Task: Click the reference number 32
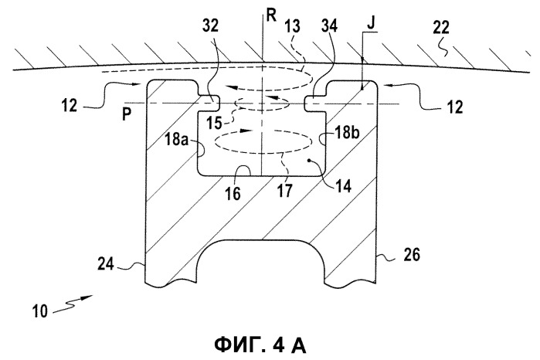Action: pyautogui.click(x=210, y=26)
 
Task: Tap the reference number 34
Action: pyautogui.click(x=329, y=26)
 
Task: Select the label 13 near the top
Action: pyautogui.click(x=292, y=26)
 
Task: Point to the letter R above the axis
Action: pyautogui.click(x=271, y=16)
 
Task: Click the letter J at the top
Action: pyautogui.click(x=372, y=23)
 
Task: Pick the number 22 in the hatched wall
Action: pyautogui.click(x=441, y=28)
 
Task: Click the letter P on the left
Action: pyautogui.click(x=127, y=114)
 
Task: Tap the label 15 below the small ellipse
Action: pyautogui.click(x=214, y=123)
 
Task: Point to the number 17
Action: pyautogui.click(x=285, y=191)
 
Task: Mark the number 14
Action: pyautogui.click(x=343, y=186)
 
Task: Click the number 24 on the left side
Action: pyautogui.click(x=106, y=264)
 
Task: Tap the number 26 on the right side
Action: pyautogui.click(x=412, y=255)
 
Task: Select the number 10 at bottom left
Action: pyautogui.click(x=39, y=311)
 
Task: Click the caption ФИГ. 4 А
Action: pyautogui.click(x=260, y=345)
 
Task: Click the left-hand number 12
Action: pyautogui.click(x=70, y=105)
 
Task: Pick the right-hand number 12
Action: pyautogui.click(x=454, y=107)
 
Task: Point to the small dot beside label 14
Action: pyautogui.click(x=311, y=160)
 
